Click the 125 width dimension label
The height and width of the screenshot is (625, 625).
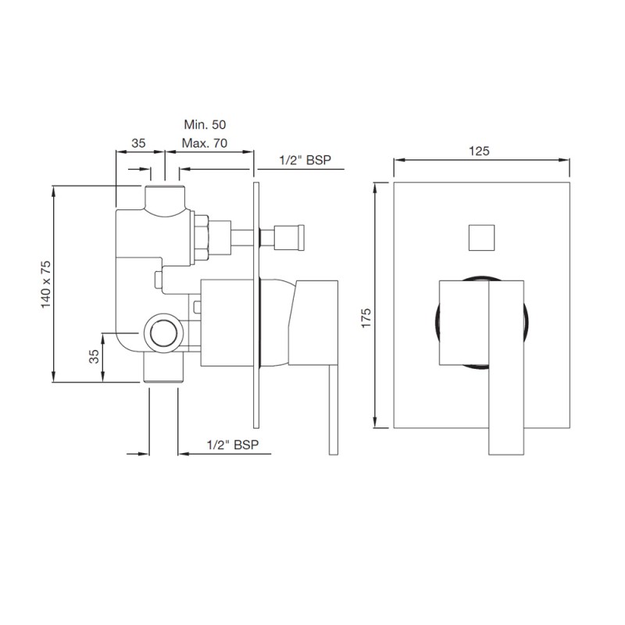point(479,151)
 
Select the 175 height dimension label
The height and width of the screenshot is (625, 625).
point(366,318)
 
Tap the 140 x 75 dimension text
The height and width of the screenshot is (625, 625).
point(46,284)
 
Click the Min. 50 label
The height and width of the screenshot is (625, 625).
point(205,124)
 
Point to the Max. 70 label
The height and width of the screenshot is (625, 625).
point(205,143)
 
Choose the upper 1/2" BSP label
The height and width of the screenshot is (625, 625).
point(305,160)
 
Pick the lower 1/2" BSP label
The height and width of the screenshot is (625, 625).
point(233,445)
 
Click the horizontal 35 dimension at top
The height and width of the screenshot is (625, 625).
point(138,143)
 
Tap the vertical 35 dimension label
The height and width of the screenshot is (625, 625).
point(93,356)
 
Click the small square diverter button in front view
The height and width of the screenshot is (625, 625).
point(481,238)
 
